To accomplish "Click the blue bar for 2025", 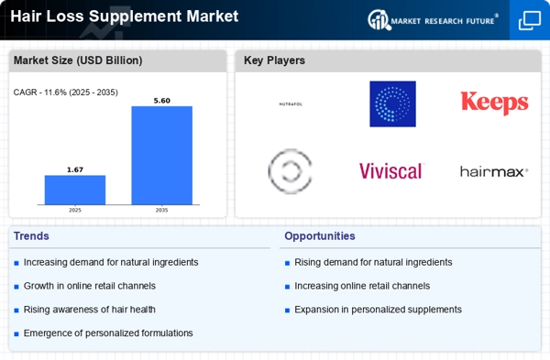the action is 75,190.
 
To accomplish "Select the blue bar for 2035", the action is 161,156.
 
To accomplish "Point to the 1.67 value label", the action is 75,169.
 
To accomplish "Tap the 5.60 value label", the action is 161,101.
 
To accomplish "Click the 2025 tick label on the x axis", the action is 75,210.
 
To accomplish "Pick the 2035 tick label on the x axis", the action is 161,210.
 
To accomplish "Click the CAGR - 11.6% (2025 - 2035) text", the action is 66,93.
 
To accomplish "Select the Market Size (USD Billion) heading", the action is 78,60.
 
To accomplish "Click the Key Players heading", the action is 274,60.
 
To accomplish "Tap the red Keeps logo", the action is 494,104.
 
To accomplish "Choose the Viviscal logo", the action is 391,171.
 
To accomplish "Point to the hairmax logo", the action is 494,172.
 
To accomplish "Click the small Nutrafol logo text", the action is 291,104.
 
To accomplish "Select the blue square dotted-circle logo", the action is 392,104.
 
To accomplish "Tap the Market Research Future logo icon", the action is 379,19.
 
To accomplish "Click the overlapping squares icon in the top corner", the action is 530,20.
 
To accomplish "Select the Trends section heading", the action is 31,236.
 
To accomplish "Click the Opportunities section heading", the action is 320,236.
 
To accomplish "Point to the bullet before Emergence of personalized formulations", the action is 16,334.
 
